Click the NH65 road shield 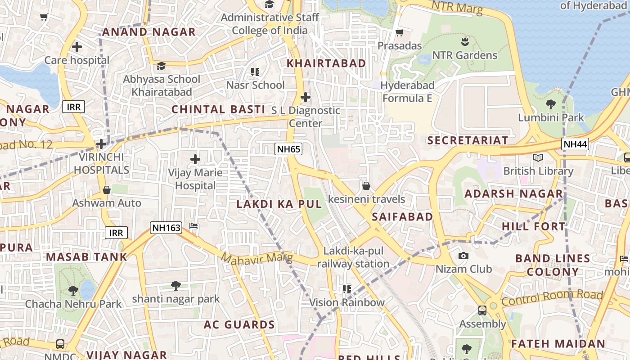[288, 149]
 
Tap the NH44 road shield [575, 144]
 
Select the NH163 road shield [166, 228]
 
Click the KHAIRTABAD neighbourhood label [327, 63]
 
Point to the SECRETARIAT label [468, 140]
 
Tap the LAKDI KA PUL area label [279, 204]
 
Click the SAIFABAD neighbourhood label [402, 217]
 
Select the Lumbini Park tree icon [550, 105]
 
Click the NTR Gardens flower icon [465, 42]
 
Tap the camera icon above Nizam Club [463, 256]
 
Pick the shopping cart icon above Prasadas [399, 33]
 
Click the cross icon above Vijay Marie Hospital [195, 159]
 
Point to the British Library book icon [538, 157]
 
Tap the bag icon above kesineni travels [366, 186]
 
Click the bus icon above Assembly [482, 310]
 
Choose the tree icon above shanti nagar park [176, 285]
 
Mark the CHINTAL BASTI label [218, 109]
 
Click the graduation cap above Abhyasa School [161, 66]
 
